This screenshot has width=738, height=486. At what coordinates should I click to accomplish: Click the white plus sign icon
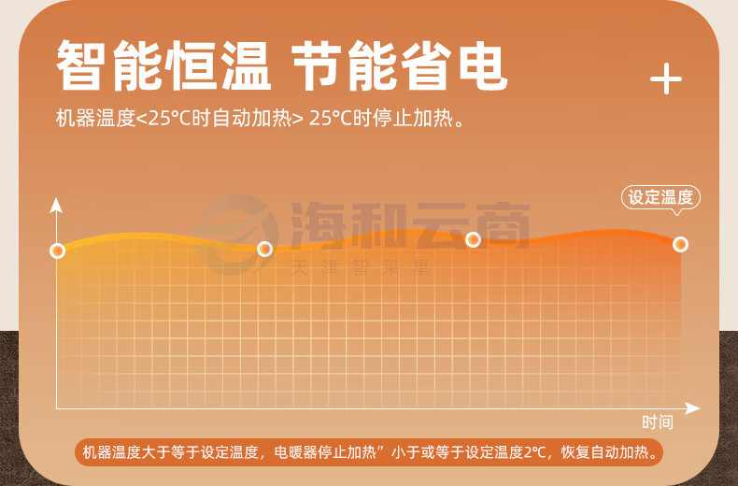click(x=666, y=79)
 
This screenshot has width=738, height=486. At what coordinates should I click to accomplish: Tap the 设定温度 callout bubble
click(x=660, y=197)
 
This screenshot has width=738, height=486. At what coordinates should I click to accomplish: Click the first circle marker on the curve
click(x=57, y=251)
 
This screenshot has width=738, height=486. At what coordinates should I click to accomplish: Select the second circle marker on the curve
click(x=265, y=249)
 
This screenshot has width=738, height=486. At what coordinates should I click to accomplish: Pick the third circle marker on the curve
click(x=473, y=239)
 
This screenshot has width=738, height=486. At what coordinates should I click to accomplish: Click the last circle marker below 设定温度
click(x=680, y=244)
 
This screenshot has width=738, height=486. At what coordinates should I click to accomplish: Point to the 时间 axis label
click(x=658, y=422)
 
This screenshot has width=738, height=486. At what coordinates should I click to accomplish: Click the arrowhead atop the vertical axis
click(x=56, y=206)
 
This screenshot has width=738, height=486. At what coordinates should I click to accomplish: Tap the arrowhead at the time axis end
click(x=692, y=408)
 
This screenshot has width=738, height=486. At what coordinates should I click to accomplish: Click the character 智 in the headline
click(x=80, y=65)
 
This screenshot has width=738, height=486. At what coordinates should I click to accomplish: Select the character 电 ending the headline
click(x=483, y=66)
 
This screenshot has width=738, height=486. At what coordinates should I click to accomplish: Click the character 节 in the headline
click(x=317, y=65)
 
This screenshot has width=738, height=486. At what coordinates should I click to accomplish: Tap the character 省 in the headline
click(x=426, y=65)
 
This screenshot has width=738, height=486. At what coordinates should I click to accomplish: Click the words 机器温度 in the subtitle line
click(x=95, y=118)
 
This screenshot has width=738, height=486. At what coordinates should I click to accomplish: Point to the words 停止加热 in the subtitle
click(x=413, y=118)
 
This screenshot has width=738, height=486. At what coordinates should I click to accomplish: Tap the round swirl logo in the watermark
click(x=235, y=234)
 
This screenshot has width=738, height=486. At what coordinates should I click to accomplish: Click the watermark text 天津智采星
click(x=360, y=268)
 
